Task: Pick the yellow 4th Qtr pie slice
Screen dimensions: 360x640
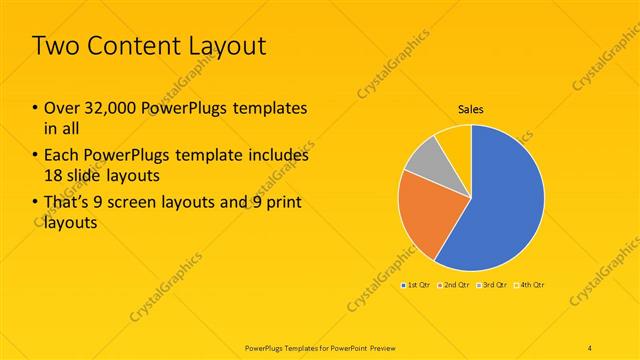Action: point(455,140)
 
